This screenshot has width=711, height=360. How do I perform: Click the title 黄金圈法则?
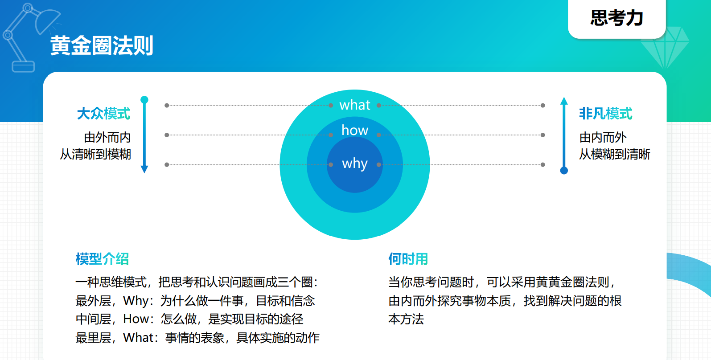coord(102,45)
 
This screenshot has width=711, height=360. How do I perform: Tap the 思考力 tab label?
coord(616,18)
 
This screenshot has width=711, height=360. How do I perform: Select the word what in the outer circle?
coord(354,105)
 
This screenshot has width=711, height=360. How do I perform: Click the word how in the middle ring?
coord(354,130)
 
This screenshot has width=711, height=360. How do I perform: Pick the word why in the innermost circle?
coord(354,164)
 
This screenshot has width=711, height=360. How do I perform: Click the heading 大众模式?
coord(103,114)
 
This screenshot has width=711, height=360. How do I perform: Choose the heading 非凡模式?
coord(606,114)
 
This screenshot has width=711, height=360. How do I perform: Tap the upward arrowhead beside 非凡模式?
coord(564,101)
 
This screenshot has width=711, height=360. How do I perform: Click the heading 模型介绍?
coord(102,259)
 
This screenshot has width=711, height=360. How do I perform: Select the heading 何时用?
coord(408,259)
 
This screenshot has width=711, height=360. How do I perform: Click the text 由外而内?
coord(107,137)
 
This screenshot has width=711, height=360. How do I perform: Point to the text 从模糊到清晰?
coord(615,155)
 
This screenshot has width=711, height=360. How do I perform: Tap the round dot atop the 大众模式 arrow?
coord(144,100)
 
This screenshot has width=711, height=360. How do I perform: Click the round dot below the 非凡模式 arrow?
coord(564,171)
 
